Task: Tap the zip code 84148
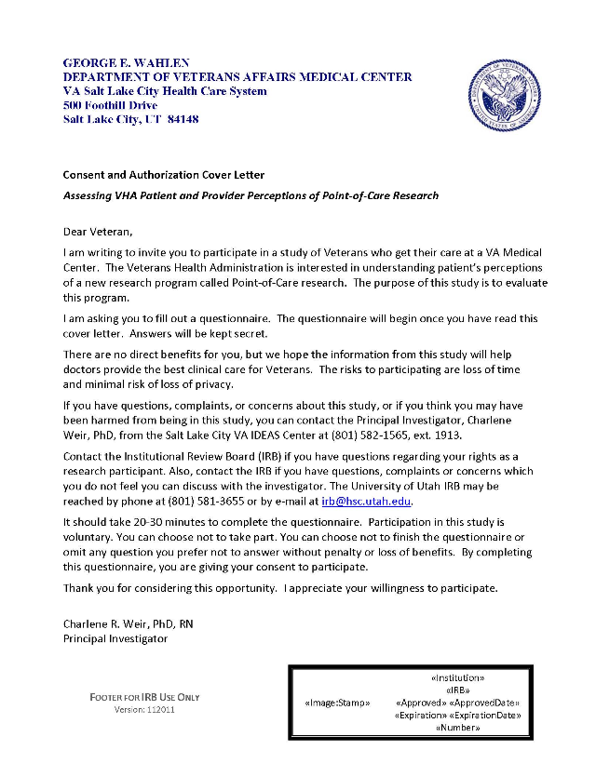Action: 183,120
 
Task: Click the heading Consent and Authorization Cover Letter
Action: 163,175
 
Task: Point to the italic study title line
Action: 251,195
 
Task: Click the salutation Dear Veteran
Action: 98,232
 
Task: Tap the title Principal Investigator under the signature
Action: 115,638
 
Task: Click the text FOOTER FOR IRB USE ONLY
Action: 144,697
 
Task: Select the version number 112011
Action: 160,710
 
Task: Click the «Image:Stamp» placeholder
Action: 337,703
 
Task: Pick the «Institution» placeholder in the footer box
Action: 457,678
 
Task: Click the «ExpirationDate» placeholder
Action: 485,715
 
